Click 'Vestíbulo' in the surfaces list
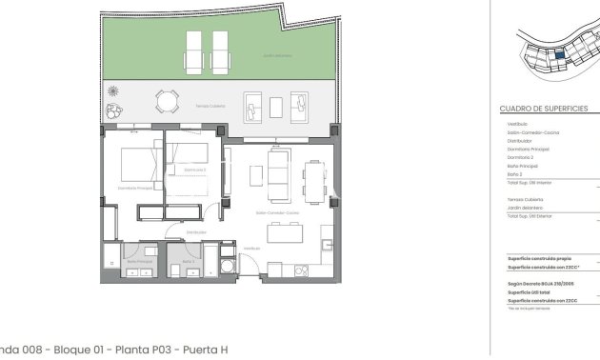click(x=512, y=123)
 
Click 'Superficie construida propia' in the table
click(x=539, y=258)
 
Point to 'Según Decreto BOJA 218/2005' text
click(x=540, y=283)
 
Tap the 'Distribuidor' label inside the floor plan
click(x=196, y=231)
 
